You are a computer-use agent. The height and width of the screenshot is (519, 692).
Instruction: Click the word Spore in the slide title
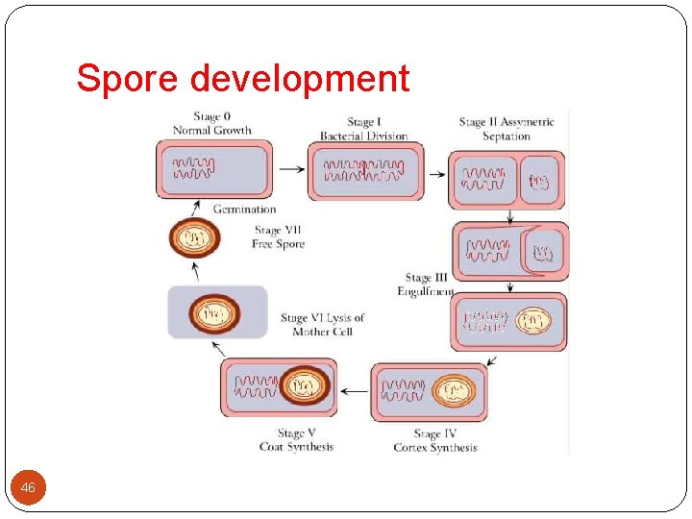click(126, 78)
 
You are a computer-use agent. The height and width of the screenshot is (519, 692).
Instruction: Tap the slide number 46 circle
click(28, 488)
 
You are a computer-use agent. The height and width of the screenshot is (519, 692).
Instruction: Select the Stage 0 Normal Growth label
click(211, 124)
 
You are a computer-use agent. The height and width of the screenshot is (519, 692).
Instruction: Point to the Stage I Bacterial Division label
click(363, 129)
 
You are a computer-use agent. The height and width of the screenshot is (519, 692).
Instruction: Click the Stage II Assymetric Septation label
click(507, 129)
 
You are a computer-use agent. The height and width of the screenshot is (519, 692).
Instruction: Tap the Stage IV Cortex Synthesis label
click(434, 440)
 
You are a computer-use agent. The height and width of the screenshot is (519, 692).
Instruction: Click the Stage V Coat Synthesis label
click(296, 440)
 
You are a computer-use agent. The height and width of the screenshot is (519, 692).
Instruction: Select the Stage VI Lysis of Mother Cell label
click(322, 325)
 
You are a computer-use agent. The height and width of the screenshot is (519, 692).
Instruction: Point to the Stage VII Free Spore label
click(279, 237)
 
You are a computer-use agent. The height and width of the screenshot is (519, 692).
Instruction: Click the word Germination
click(244, 209)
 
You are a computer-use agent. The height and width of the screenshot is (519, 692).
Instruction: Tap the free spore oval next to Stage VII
click(195, 238)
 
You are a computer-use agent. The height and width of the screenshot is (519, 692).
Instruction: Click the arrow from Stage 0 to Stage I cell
click(288, 168)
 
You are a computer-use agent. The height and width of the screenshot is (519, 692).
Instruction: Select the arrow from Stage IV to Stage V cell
click(355, 391)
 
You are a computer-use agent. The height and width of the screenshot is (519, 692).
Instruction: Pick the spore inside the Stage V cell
click(304, 387)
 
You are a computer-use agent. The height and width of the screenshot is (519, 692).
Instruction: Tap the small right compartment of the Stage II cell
click(539, 180)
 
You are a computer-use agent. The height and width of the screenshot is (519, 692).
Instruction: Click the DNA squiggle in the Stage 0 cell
click(193, 169)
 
